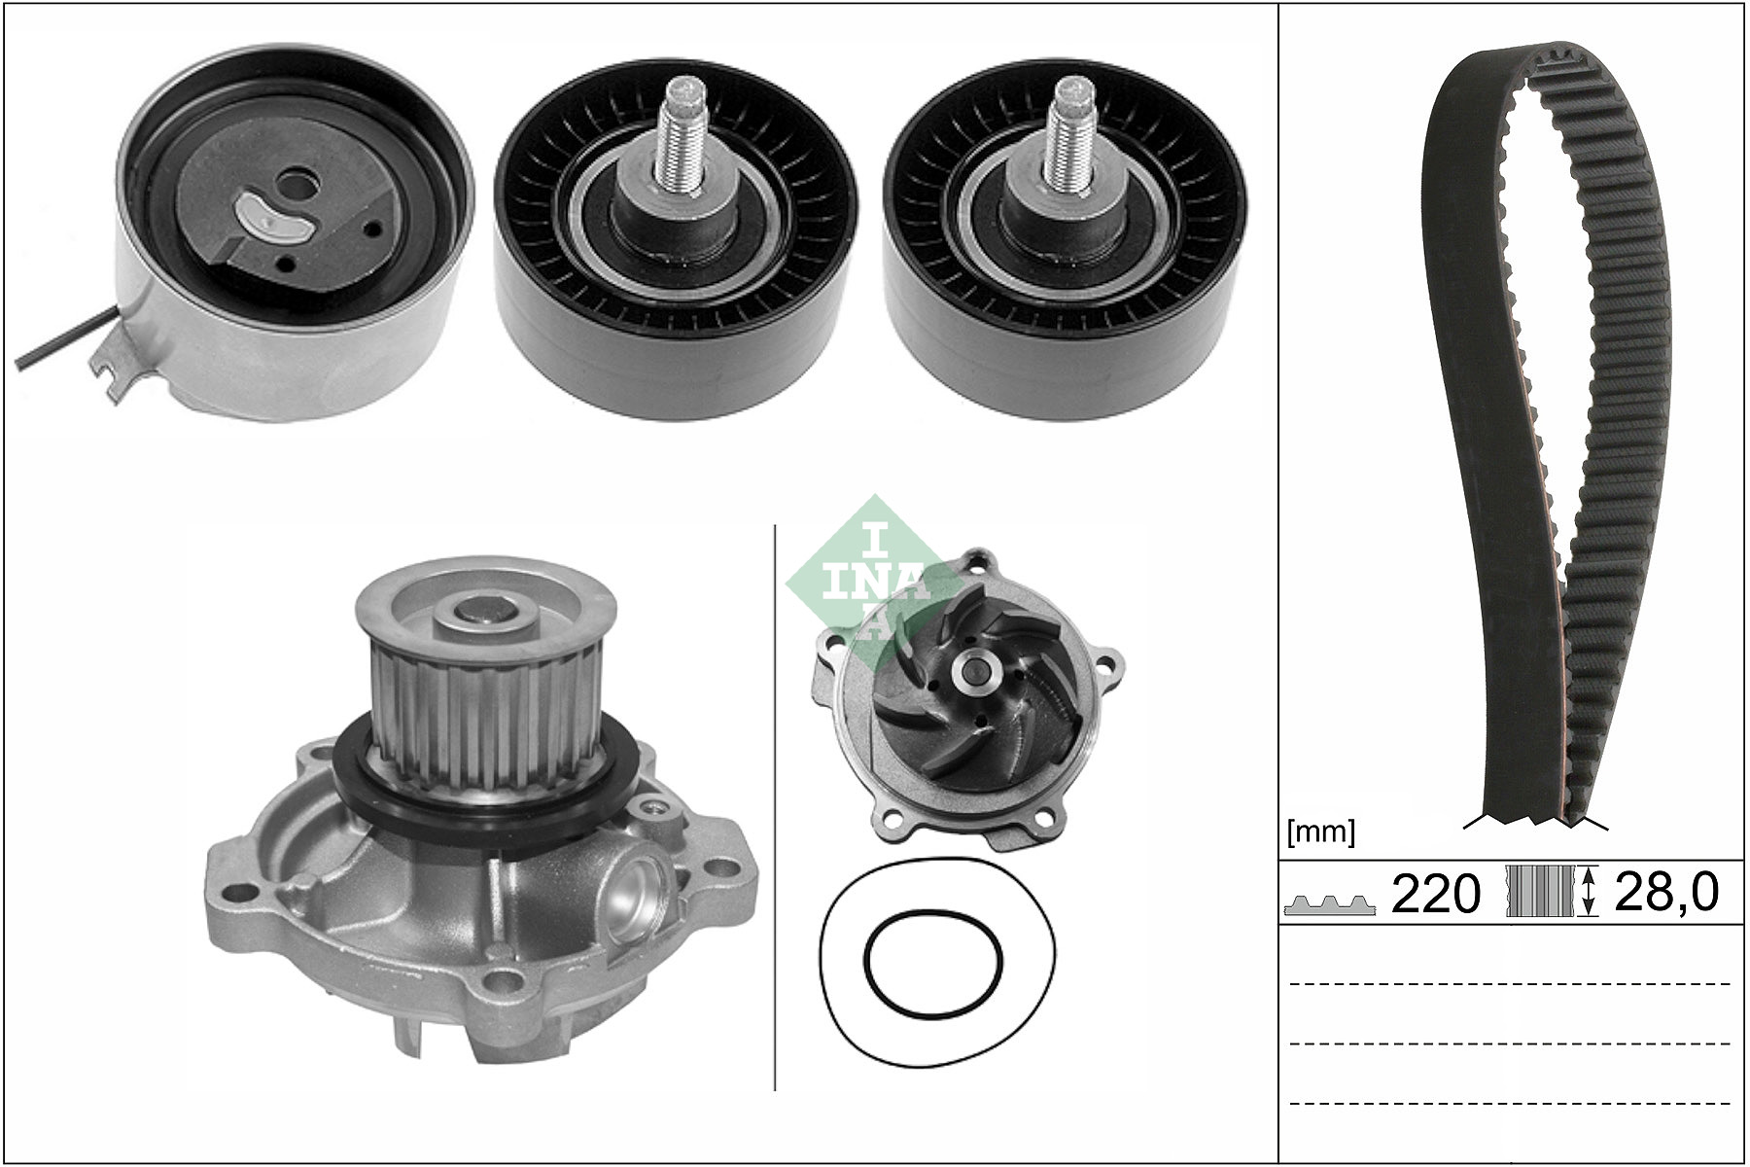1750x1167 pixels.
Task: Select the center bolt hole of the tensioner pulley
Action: coord(291,183)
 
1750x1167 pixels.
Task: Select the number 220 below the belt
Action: coord(1436,892)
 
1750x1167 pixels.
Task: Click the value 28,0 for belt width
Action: coord(1666,892)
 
